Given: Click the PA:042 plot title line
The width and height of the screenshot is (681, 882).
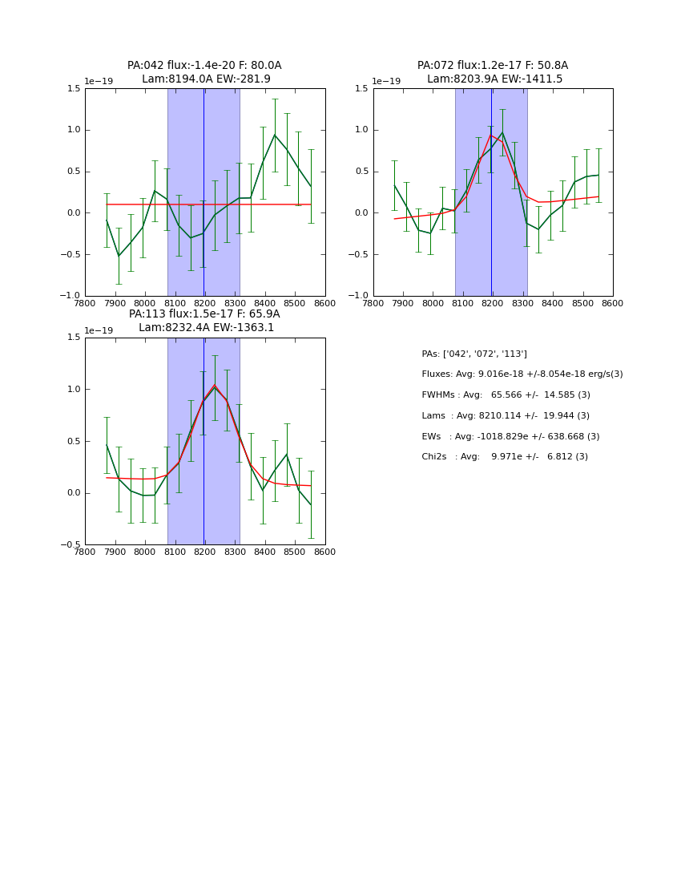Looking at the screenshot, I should pyautogui.click(x=204, y=66).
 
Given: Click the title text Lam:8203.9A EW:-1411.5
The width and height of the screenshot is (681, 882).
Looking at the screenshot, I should pyautogui.click(x=494, y=79).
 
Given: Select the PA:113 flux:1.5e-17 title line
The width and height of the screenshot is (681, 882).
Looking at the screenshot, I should pyautogui.click(x=204, y=314).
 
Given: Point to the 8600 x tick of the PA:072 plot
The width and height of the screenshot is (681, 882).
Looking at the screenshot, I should pyautogui.click(x=612, y=304).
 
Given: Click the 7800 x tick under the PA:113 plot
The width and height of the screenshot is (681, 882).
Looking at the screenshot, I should pyautogui.click(x=85, y=552).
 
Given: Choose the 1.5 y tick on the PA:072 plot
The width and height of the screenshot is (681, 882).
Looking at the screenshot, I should pyautogui.click(x=363, y=88).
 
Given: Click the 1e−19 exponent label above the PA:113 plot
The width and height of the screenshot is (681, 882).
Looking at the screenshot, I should pyautogui.click(x=99, y=330).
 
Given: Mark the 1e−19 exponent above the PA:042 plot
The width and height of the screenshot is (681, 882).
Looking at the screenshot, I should pyautogui.click(x=99, y=82).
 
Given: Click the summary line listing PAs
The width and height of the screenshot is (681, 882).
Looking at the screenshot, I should pyautogui.click(x=474, y=354).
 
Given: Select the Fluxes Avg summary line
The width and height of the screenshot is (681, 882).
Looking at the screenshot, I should pyautogui.click(x=522, y=374).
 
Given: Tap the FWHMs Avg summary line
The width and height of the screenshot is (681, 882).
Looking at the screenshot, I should pyautogui.click(x=506, y=395).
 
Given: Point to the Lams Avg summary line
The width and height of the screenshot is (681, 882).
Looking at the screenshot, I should pyautogui.click(x=506, y=416).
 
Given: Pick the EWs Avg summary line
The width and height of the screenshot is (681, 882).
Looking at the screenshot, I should pyautogui.click(x=510, y=437).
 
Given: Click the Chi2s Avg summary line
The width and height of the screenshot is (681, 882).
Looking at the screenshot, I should pyautogui.click(x=505, y=457).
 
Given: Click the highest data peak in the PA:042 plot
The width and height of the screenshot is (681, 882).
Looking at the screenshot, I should pyautogui.click(x=275, y=135).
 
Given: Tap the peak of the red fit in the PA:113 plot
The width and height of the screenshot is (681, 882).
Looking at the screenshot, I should pyautogui.click(x=214, y=385).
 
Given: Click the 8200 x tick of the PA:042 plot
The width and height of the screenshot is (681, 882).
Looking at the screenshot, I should pyautogui.click(x=204, y=304).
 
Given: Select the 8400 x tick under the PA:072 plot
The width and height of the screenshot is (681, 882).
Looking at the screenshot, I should pyautogui.click(x=552, y=304).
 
